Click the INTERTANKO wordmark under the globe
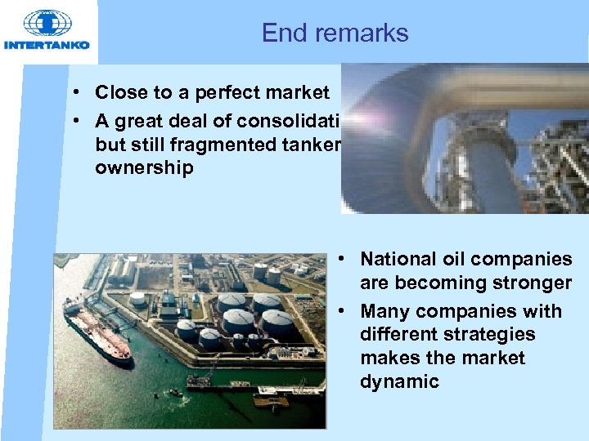pyautogui.click(x=47, y=45)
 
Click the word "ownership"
pyautogui.click(x=144, y=168)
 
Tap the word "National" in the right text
pyautogui.click(x=396, y=259)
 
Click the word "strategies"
pyautogui.click(x=488, y=334)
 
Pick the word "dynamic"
pyautogui.click(x=399, y=381)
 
